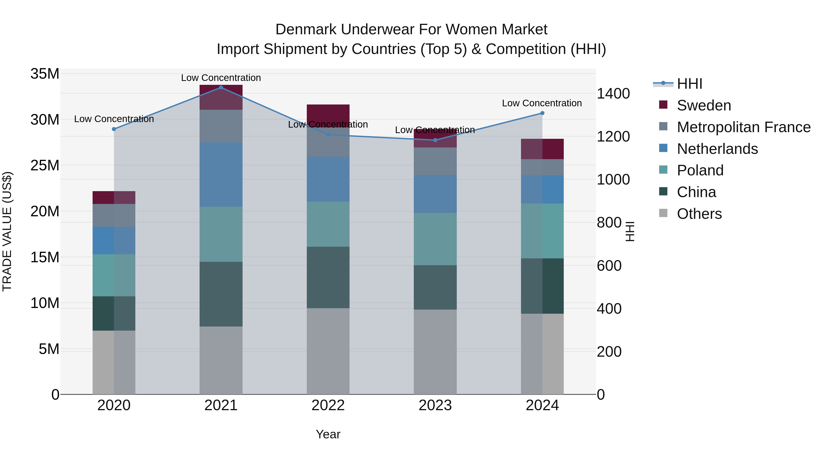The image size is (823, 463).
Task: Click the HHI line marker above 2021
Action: [221, 88]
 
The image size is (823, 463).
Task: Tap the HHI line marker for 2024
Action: [542, 113]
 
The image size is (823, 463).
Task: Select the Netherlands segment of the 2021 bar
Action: [221, 174]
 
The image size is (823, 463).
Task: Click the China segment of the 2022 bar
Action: [328, 277]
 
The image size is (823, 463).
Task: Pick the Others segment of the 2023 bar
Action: [435, 351]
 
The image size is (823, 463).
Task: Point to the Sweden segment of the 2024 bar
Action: [542, 149]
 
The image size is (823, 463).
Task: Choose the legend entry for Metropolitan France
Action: [743, 127]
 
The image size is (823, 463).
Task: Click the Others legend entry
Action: [699, 214]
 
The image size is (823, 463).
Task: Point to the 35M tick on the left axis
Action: [45, 74]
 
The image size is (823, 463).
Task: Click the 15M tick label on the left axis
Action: [45, 257]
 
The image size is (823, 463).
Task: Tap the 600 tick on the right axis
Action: [609, 265]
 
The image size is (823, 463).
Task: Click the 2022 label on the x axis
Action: [328, 405]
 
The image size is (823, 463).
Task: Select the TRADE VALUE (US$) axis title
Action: [7, 231]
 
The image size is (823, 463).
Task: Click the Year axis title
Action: [328, 434]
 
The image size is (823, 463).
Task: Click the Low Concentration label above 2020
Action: [114, 119]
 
